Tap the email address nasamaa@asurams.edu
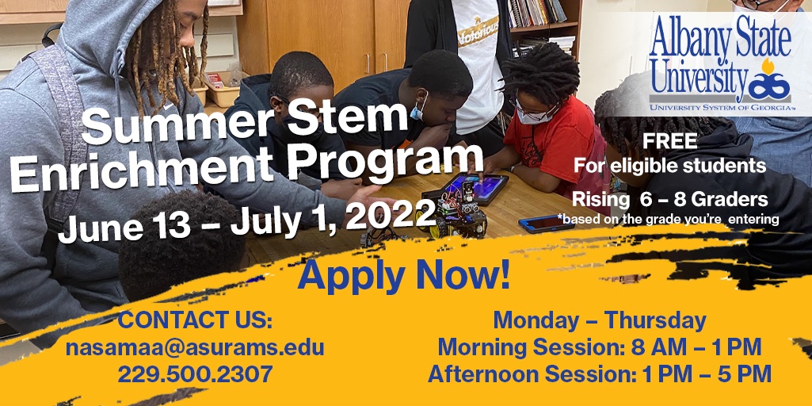194,347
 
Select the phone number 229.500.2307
195,373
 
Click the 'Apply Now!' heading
404,275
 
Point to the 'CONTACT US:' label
195,321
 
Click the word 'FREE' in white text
670,142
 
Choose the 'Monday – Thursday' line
599,320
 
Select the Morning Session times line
599,347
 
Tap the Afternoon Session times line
599,373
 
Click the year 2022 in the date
390,212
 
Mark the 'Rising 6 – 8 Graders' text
669,198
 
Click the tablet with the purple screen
473,189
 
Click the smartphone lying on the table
546,223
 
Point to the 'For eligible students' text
669,166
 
